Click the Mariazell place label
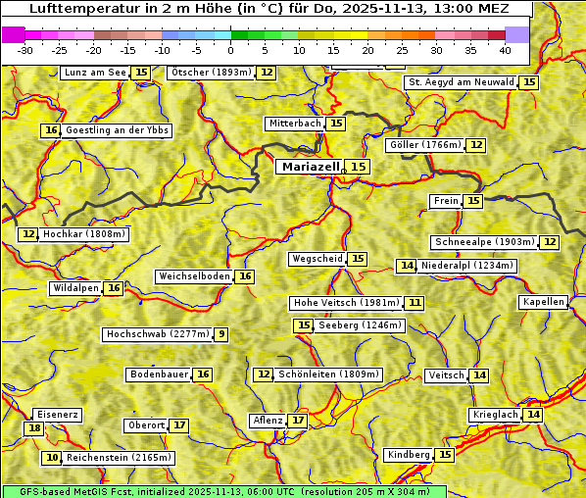coord(310,167)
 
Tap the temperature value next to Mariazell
coord(359,167)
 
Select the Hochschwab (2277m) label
coord(158,334)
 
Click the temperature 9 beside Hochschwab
coord(221,334)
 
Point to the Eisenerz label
coord(57,415)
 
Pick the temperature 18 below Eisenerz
coord(34,428)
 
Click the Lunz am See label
coord(95,73)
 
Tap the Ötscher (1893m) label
coord(211,73)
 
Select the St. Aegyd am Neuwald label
coord(461,82)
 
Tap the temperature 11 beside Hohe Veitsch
coord(415,303)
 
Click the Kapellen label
coord(543,302)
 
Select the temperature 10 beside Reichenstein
coord(52,458)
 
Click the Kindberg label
coord(409,455)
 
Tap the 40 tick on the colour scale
coord(505,49)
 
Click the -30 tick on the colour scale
coord(25,49)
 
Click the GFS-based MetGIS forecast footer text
coord(223,491)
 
